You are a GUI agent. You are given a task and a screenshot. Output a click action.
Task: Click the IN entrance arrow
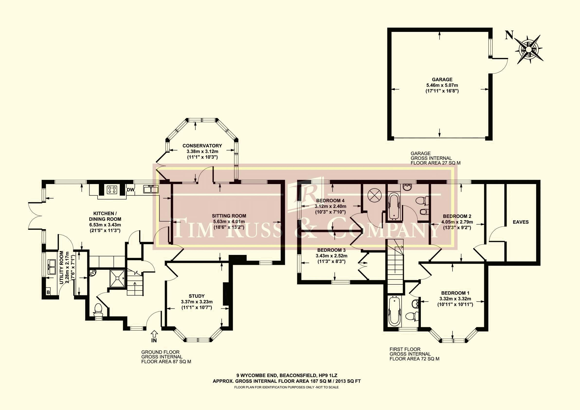tap(154, 334)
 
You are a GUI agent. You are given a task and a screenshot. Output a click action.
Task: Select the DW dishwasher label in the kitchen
tap(130, 190)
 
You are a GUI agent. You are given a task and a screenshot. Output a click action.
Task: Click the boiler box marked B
tap(48, 292)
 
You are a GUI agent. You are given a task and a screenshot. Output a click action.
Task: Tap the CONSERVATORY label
tap(202, 146)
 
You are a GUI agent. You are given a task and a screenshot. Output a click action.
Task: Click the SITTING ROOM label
tap(229, 216)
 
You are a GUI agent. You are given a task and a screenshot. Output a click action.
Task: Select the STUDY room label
tap(197, 296)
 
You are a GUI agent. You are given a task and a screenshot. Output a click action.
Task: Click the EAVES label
tap(521, 222)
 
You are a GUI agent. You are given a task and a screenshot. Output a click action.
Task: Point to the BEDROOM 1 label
tap(455, 293)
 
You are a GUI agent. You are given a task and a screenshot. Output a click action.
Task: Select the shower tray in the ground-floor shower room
tap(117, 278)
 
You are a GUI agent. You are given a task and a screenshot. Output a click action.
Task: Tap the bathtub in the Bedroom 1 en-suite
tap(394, 311)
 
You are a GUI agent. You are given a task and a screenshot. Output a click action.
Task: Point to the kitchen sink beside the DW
tap(151, 189)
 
